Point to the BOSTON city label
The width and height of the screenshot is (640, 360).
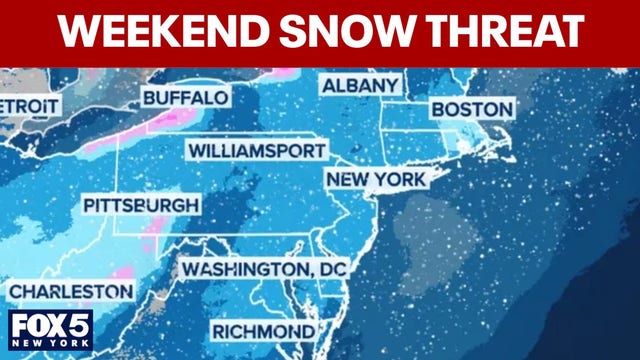(472, 108)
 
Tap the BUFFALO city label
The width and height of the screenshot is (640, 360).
(186, 98)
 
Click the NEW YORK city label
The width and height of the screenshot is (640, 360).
(376, 180)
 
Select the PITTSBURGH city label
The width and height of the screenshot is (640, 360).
(140, 205)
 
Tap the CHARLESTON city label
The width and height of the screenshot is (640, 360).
(70, 292)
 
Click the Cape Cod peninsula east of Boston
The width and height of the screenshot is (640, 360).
(506, 150)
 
